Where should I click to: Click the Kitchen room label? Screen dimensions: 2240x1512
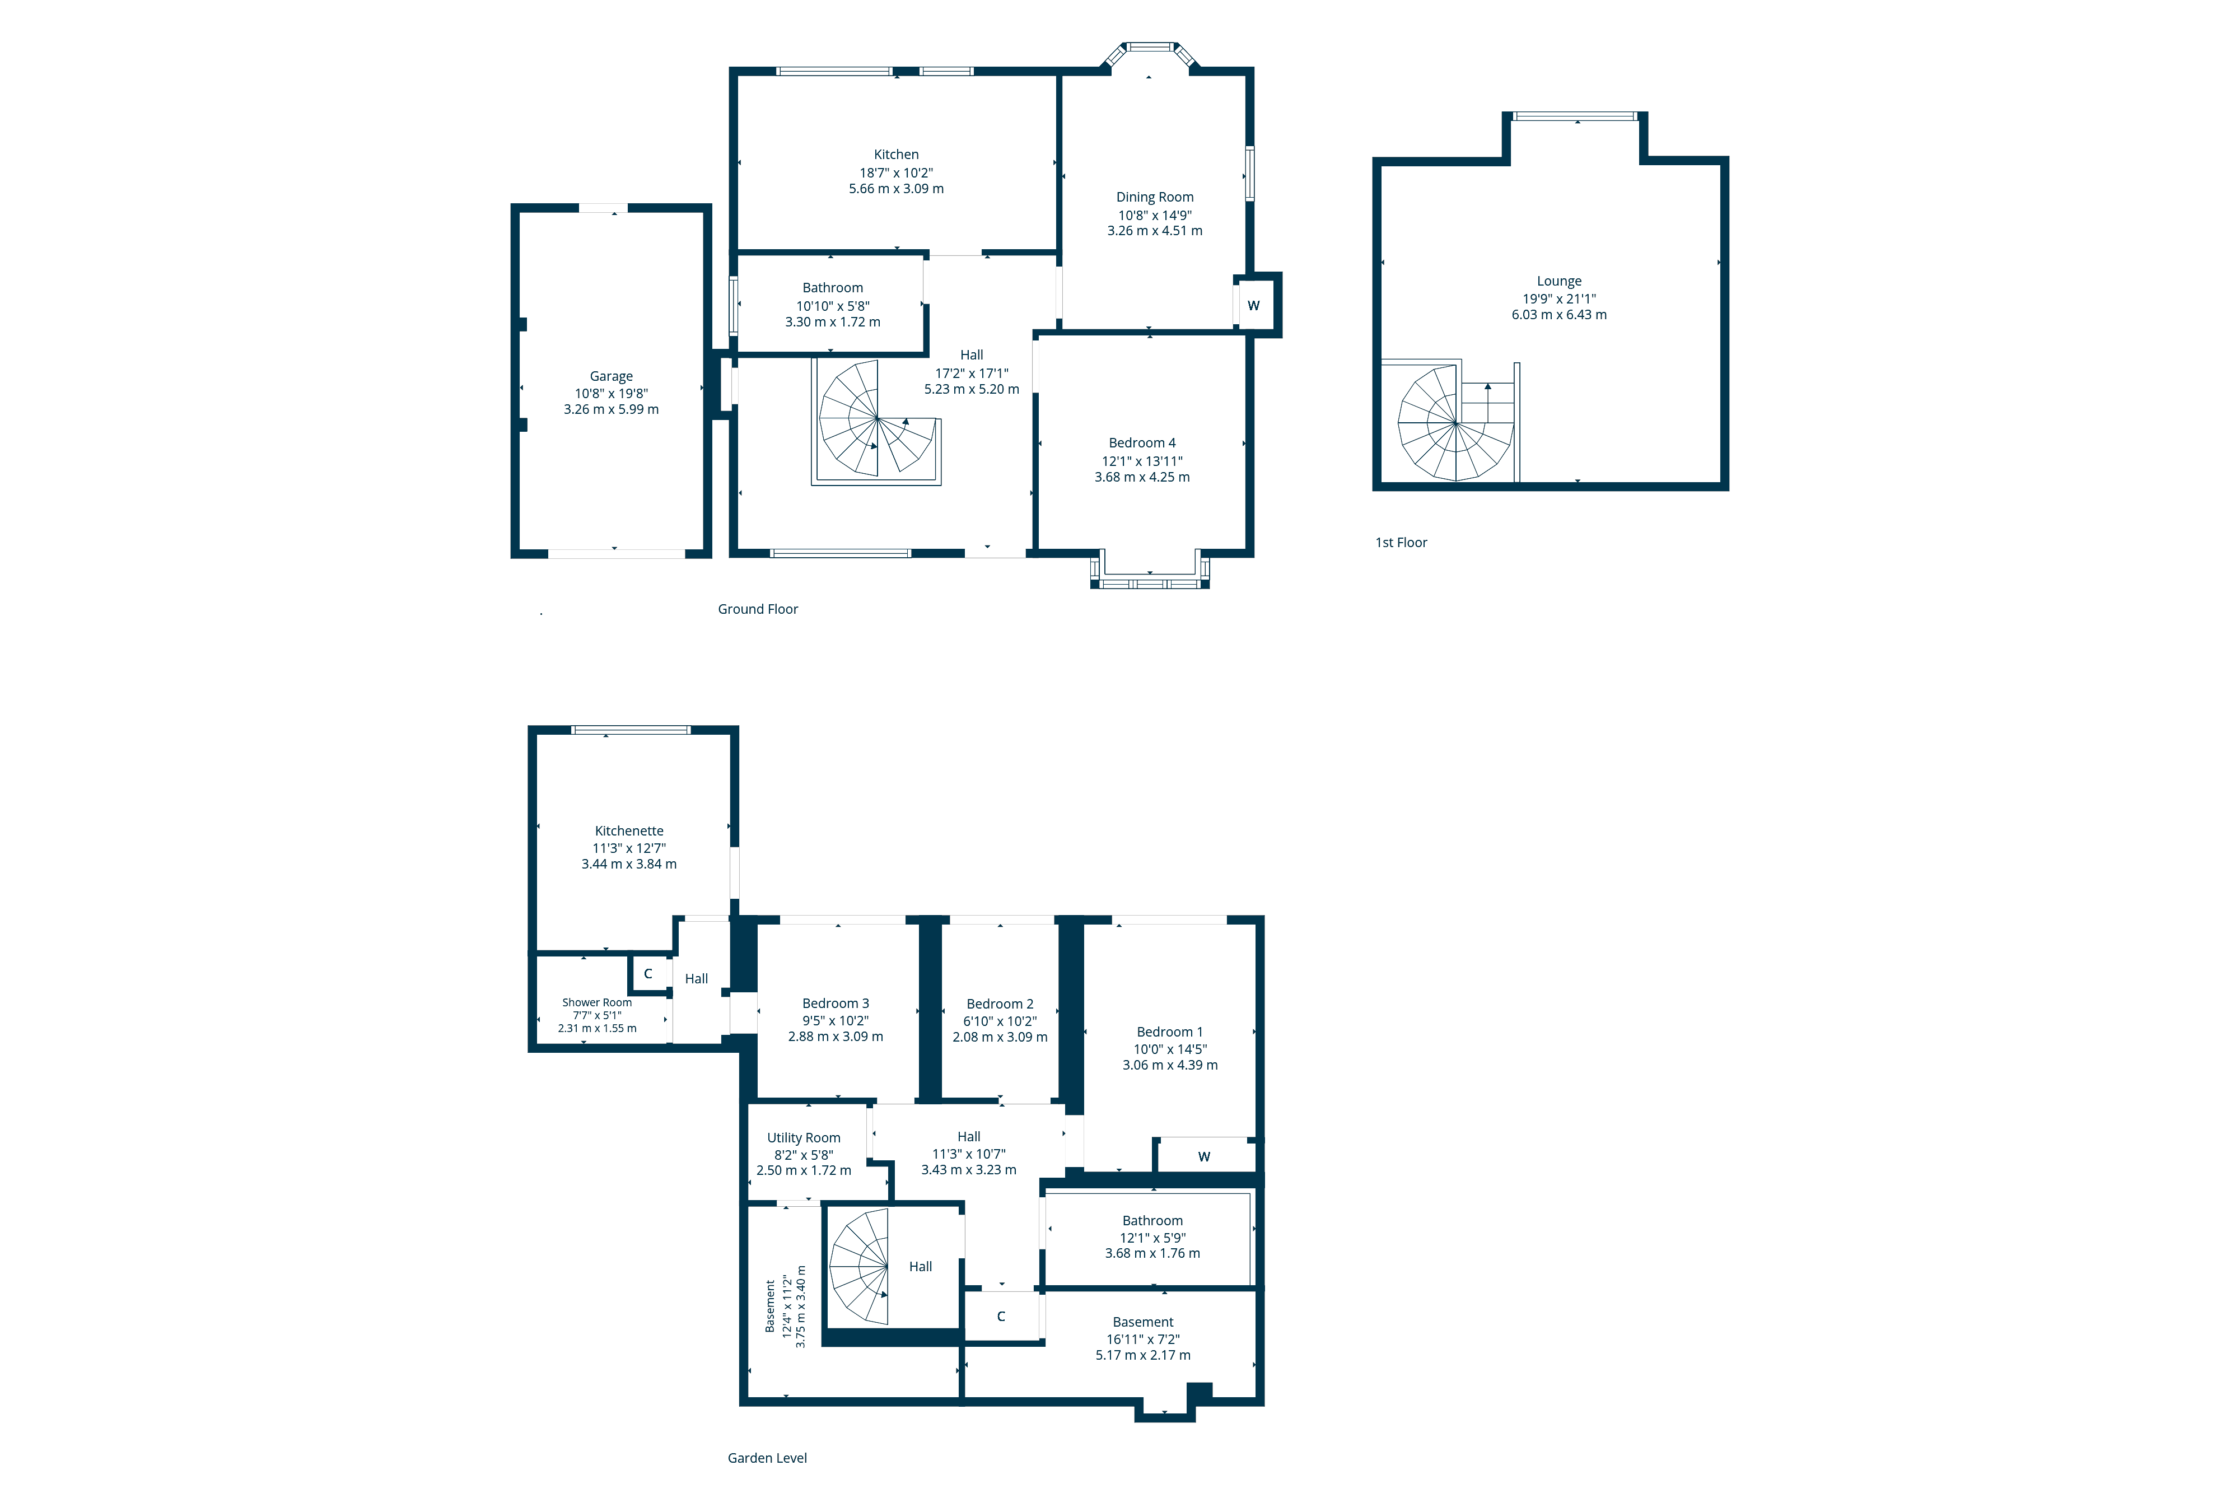point(895,154)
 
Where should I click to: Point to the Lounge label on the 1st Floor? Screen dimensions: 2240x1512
point(1558,281)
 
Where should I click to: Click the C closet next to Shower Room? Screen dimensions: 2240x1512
point(648,973)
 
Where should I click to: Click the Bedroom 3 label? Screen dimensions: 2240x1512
point(835,1003)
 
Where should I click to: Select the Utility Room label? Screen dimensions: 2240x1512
point(803,1138)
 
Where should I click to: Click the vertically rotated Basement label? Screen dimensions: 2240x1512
point(770,1306)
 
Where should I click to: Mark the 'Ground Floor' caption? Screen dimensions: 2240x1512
point(758,609)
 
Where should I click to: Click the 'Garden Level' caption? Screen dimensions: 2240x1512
point(767,1458)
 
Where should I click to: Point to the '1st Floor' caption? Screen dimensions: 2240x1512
point(1401,543)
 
